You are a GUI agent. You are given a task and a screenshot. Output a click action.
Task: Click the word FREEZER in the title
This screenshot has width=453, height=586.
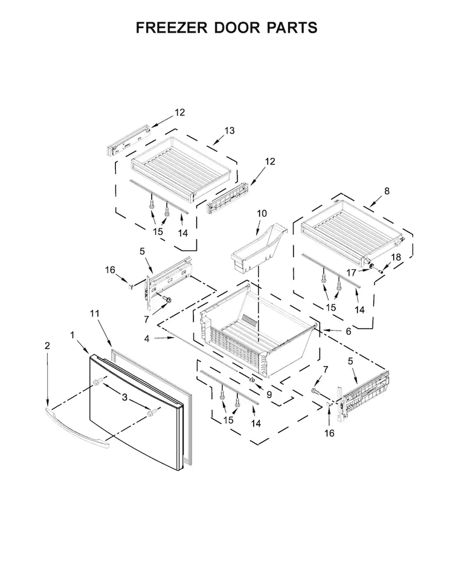point(172,28)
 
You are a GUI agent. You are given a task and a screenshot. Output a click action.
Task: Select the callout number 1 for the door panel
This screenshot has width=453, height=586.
point(72,335)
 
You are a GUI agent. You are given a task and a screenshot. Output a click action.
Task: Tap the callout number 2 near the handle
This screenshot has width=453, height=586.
point(47,346)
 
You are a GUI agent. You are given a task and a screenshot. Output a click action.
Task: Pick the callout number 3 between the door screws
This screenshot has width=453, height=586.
point(125,398)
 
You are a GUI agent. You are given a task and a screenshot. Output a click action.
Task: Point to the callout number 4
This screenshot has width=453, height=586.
point(147,338)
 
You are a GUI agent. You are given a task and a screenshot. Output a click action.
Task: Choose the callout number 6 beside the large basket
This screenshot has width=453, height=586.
point(349,331)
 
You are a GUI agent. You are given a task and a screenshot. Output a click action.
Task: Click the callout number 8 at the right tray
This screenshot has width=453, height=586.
point(387,191)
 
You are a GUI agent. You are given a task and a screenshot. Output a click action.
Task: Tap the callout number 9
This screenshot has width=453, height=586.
point(269,394)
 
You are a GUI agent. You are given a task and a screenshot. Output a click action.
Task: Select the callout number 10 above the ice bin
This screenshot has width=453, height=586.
point(262,213)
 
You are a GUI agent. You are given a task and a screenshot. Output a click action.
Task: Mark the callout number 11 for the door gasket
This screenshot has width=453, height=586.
point(95,313)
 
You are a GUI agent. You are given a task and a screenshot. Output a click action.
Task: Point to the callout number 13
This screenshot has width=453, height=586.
point(230,130)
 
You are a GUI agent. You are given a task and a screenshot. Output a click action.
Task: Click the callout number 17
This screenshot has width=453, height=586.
point(352,273)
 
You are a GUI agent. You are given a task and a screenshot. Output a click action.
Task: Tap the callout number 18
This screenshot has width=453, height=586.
point(396,257)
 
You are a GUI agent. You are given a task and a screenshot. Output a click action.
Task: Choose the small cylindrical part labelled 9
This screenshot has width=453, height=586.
point(252,380)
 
